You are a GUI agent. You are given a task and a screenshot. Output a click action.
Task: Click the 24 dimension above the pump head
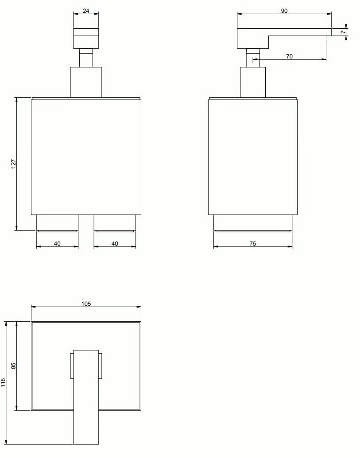point(86,12)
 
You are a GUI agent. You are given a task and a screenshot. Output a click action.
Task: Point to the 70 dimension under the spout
point(290,57)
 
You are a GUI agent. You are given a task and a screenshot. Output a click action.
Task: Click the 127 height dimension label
point(13,164)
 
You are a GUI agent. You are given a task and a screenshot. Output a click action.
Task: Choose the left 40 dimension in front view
point(57,243)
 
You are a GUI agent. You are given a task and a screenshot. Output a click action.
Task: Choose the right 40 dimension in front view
point(115,243)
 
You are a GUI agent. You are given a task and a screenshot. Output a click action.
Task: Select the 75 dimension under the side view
point(252,243)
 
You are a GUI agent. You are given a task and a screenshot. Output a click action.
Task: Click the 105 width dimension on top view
point(86,304)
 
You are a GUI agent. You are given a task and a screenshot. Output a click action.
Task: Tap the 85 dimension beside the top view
point(13,366)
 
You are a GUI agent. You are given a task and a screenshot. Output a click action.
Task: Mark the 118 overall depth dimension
point(4,382)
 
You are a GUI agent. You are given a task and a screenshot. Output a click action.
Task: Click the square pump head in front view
point(86,38)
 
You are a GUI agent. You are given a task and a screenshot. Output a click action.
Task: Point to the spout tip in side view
point(328,32)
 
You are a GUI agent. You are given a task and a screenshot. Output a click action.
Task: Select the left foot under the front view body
point(57,223)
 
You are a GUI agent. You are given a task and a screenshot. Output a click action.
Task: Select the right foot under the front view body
point(115,223)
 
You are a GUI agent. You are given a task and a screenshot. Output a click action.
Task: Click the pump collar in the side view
point(252,82)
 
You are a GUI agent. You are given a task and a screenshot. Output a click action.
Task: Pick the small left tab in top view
point(71,366)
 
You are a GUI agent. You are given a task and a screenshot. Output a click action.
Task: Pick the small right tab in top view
point(101,366)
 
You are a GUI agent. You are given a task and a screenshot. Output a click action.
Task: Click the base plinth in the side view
point(252,223)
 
